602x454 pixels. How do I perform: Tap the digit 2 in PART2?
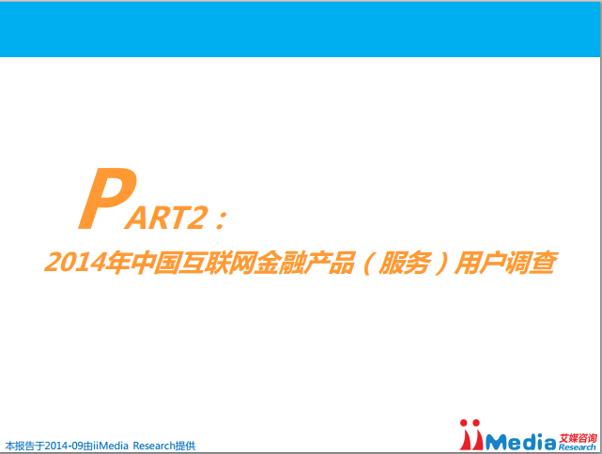pyautogui.click(x=196, y=218)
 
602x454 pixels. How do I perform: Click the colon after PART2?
pyautogui.click(x=221, y=219)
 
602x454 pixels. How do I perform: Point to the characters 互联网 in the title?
pyautogui.click(x=217, y=263)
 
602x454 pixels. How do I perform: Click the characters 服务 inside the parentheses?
pyautogui.click(x=404, y=263)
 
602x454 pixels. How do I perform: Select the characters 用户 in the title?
pyautogui.click(x=479, y=263)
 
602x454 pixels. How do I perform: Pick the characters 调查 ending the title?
pyautogui.click(x=531, y=263)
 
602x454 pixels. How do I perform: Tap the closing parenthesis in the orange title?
pyautogui.click(x=440, y=264)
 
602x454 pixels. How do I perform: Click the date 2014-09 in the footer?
pyautogui.click(x=64, y=446)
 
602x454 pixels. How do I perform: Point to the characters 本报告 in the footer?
pyautogui.click(x=20, y=446)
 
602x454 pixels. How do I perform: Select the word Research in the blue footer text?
pyautogui.click(x=154, y=446)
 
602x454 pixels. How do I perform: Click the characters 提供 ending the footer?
pyautogui.click(x=185, y=446)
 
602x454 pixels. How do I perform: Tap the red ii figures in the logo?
pyautogui.click(x=471, y=435)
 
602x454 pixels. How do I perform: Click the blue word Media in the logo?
pyautogui.click(x=520, y=442)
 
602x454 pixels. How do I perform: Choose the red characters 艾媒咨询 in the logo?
pyautogui.click(x=578, y=438)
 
